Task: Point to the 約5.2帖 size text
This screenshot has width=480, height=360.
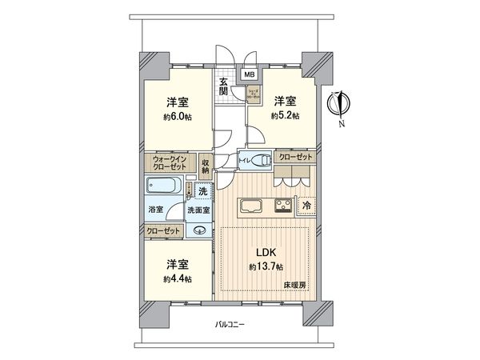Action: pos(284,117)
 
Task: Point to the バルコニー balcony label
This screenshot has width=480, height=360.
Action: pos(230,324)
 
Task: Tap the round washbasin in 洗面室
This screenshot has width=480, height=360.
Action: pos(199,232)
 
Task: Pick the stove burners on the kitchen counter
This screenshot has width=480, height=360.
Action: pos(283,205)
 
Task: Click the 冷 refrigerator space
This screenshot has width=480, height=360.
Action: pos(306,206)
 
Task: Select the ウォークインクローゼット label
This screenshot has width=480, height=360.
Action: pos(169,163)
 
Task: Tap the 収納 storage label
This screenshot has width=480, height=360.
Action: pos(206,166)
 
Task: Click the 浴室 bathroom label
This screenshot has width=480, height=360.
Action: pos(155,210)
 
